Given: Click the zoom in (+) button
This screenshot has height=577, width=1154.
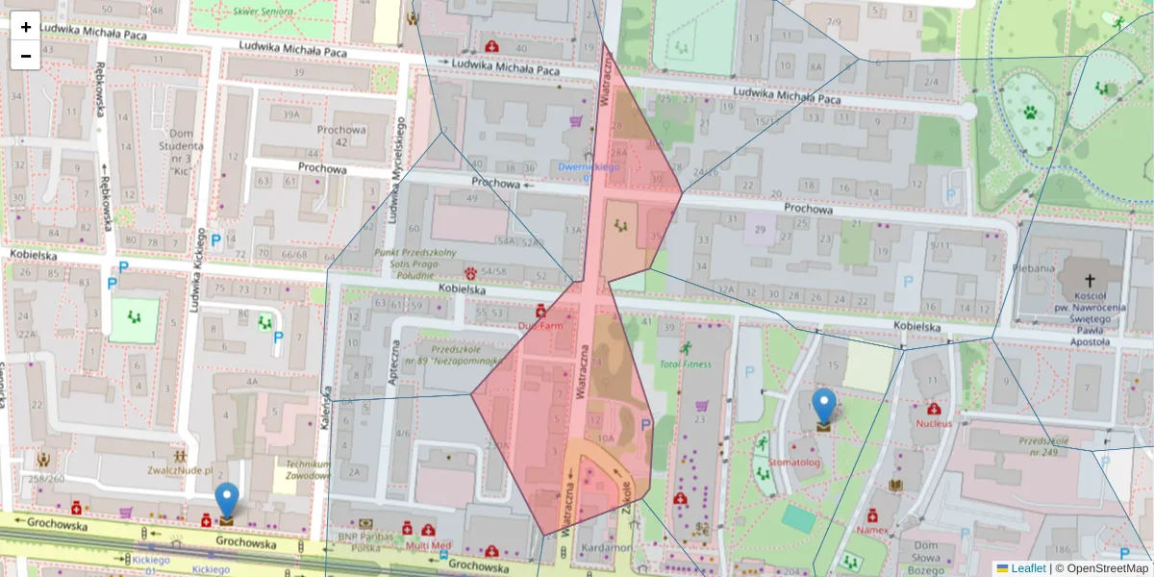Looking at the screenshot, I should pyautogui.click(x=26, y=26).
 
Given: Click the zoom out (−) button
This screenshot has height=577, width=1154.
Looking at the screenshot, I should pyautogui.click(x=26, y=55).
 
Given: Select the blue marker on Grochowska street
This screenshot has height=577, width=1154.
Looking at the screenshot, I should pyautogui.click(x=226, y=503).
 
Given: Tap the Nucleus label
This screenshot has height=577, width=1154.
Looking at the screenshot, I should pyautogui.click(x=933, y=423).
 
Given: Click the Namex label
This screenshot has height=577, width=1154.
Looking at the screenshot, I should pyautogui.click(x=873, y=530).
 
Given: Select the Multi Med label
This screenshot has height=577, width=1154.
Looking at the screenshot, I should pyautogui.click(x=428, y=545).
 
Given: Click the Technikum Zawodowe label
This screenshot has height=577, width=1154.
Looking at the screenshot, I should pyautogui.click(x=302, y=468).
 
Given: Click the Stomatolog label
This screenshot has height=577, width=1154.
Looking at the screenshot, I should pyautogui.click(x=794, y=463).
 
